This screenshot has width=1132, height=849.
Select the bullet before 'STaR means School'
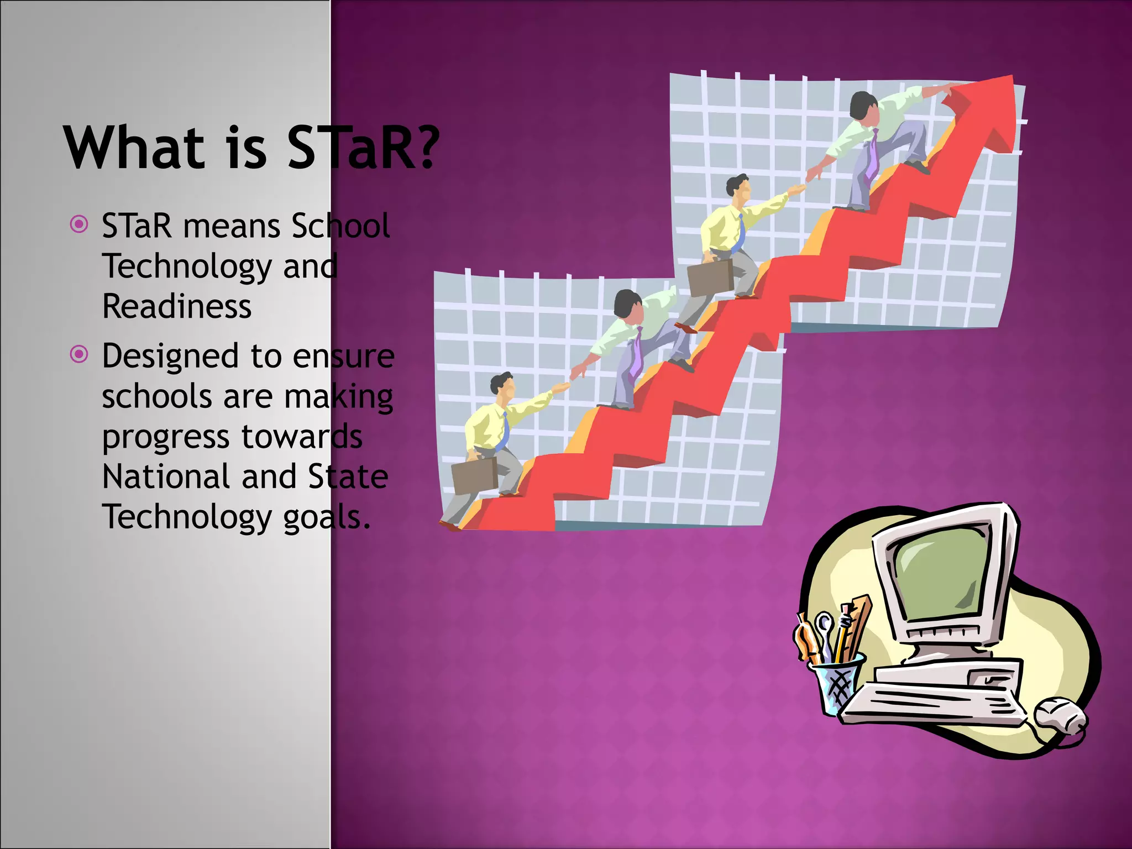pos(80,224)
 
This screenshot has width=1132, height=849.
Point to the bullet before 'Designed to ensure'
pos(80,354)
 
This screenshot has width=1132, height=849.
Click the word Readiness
pos(177,306)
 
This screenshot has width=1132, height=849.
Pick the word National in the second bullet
pos(166,476)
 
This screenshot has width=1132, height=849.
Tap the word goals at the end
pos(326,517)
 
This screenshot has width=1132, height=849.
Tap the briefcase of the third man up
pos(710,278)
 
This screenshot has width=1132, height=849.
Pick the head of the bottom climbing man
pos(502,385)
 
